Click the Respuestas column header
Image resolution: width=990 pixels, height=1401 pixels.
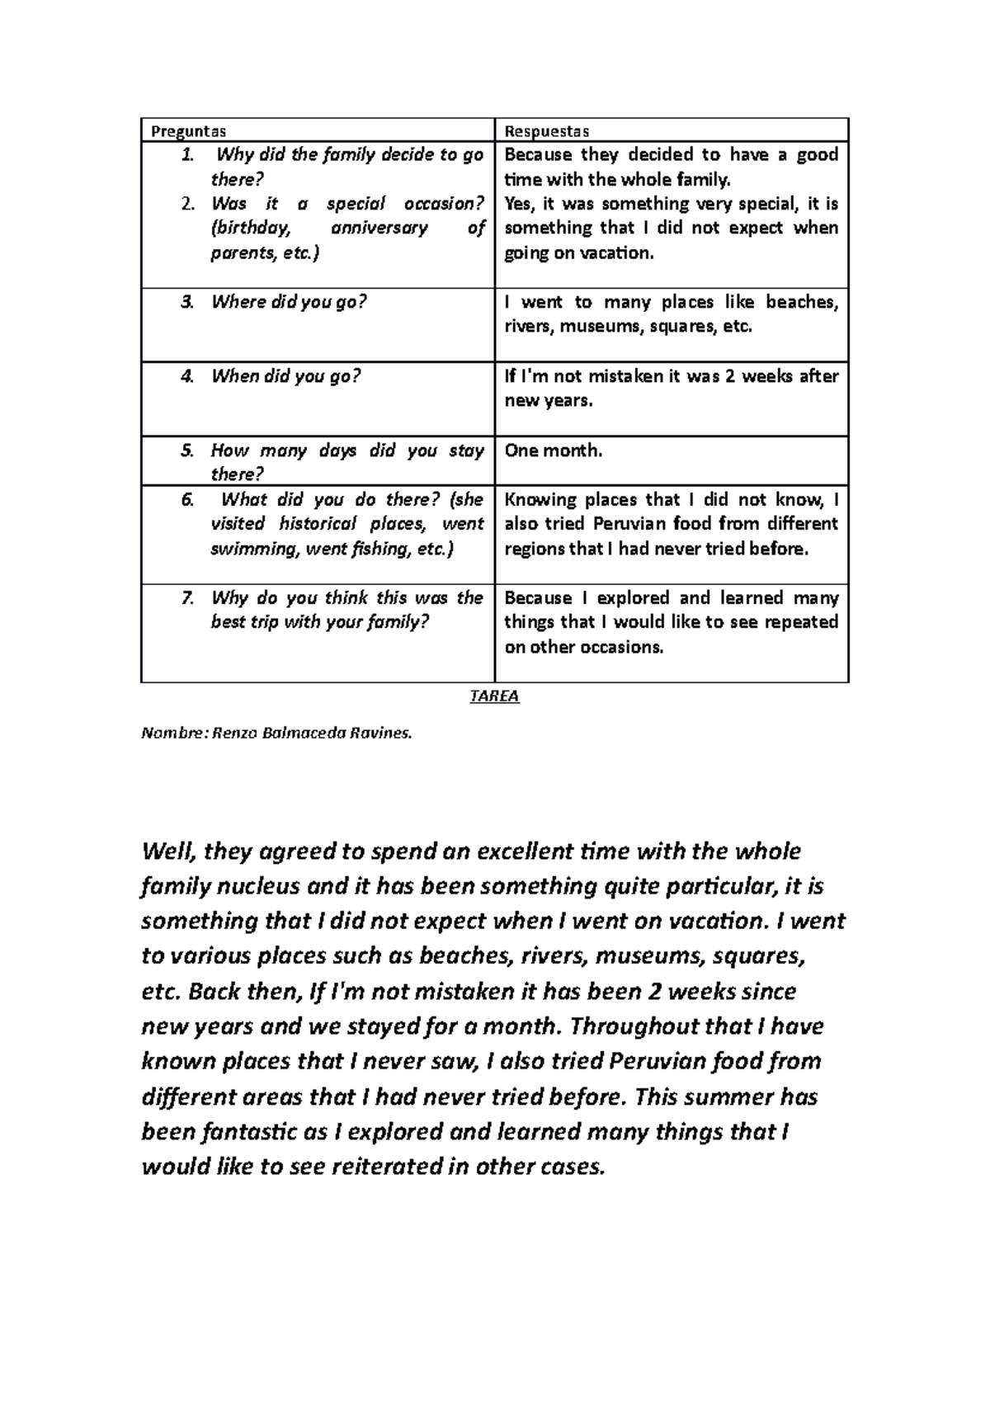pos(546,130)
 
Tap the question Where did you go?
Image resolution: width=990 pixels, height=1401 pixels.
pos(288,302)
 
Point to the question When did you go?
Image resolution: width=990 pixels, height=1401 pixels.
pos(285,376)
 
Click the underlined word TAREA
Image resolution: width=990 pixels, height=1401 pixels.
pos(494,696)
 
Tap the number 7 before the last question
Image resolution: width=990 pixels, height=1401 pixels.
pos(187,597)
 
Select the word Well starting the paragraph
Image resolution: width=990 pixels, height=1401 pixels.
pos(168,851)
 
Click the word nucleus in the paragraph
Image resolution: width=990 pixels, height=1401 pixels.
pos(250,886)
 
